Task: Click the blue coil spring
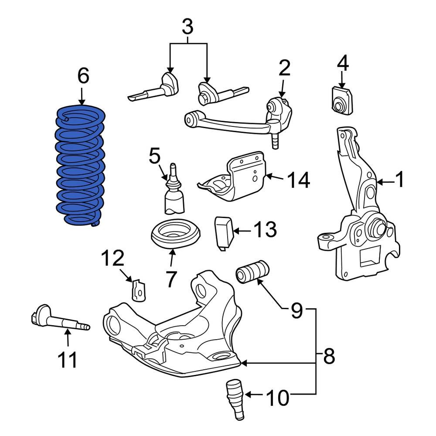pos(80,166)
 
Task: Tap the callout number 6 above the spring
pos(83,76)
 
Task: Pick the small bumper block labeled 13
pos(224,233)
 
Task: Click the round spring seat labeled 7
pos(175,235)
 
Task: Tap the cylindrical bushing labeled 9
pos(253,271)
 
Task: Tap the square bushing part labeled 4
pos(341,101)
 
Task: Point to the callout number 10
pos(277,397)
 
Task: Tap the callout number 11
pos(67,360)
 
